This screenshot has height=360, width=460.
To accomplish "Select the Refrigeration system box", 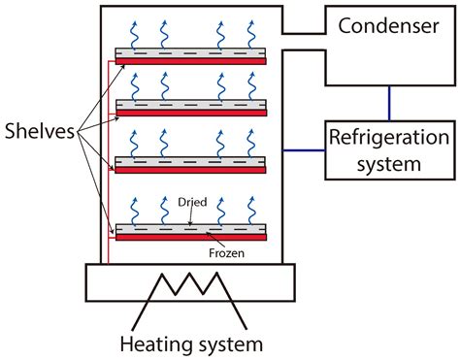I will click(x=387, y=149).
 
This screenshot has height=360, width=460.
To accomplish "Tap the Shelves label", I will click(x=41, y=129).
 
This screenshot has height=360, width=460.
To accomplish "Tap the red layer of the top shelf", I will click(x=190, y=60).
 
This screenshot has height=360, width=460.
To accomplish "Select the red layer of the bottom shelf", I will click(x=190, y=235).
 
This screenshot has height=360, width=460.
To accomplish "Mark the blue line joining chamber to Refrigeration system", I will click(x=303, y=149).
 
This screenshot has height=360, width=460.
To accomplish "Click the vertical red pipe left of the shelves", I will click(x=109, y=155).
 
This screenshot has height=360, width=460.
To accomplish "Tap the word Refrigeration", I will click(x=387, y=139).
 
